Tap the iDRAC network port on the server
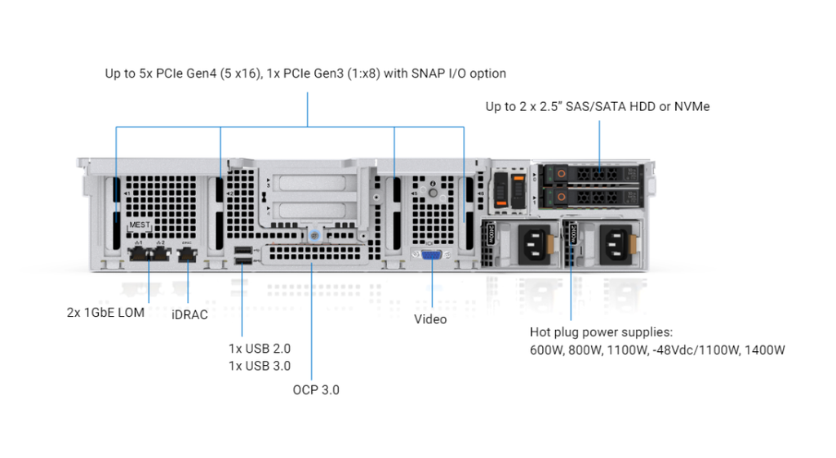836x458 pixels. tap(188, 255)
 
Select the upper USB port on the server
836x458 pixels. tap(242, 249)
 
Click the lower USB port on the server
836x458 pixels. tap(242, 261)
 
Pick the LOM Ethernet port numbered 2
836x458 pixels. tap(159, 255)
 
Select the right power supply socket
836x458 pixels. tap(613, 242)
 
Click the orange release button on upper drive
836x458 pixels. tap(561, 175)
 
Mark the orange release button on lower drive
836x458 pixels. tap(561, 197)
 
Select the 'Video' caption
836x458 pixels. tap(430, 319)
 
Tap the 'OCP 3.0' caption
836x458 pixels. tap(316, 389)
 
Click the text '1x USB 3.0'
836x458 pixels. tap(259, 366)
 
